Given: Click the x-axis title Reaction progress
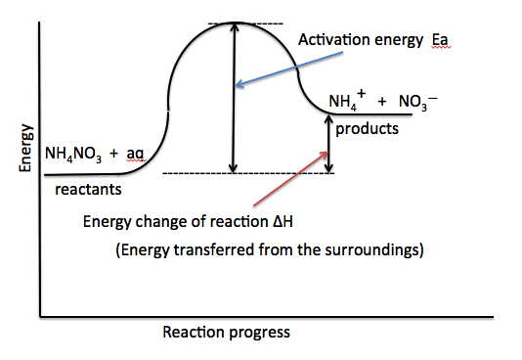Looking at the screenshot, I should [x=226, y=332].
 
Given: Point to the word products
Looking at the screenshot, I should [x=368, y=129].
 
